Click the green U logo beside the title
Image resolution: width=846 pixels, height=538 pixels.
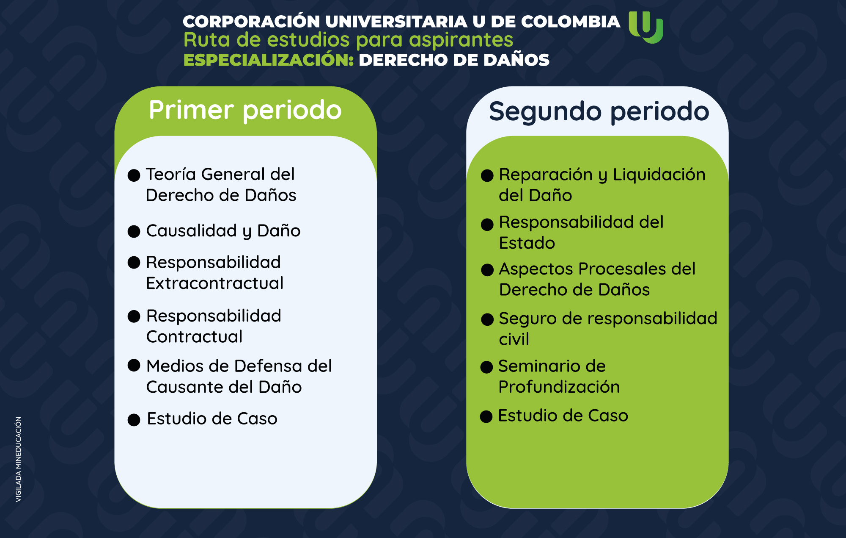(x=646, y=27)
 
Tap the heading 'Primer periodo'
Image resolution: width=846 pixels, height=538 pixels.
(x=245, y=110)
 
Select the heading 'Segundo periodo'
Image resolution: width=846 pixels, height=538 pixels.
(x=599, y=111)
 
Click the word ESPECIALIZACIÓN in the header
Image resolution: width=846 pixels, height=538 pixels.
(x=269, y=60)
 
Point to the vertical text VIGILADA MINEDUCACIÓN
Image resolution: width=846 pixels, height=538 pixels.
(x=19, y=460)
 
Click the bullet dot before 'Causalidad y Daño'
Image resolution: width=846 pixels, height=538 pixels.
(x=134, y=231)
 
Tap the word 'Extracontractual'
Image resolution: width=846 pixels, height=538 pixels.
(x=214, y=283)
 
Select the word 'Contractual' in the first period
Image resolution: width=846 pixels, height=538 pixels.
(x=194, y=336)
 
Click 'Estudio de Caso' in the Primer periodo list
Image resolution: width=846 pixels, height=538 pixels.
(x=212, y=419)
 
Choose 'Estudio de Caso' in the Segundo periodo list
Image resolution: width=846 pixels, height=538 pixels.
(x=563, y=416)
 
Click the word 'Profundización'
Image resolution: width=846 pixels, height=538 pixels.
(x=559, y=387)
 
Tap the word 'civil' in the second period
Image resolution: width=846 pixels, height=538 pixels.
(x=514, y=339)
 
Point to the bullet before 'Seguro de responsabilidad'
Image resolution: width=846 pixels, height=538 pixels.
(x=487, y=319)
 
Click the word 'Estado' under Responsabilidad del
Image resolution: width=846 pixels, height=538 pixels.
(x=527, y=243)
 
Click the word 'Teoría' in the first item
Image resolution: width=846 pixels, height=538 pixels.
(x=171, y=174)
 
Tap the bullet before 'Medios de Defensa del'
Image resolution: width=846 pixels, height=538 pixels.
(x=134, y=365)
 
